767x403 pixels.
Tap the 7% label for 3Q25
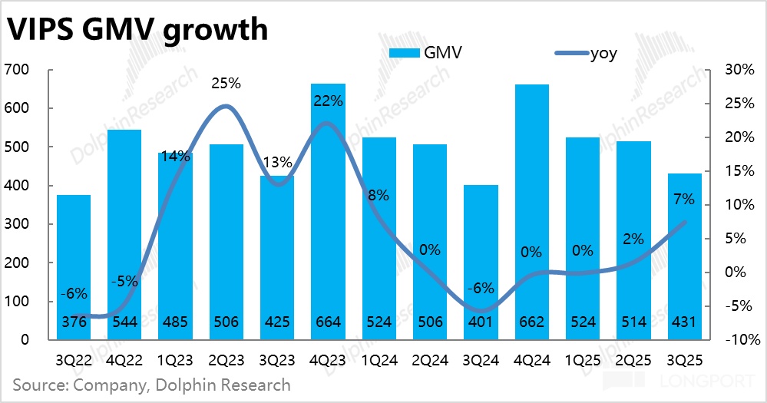tap(683, 200)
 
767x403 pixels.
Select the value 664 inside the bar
tap(328, 322)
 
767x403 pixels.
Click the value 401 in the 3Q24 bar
tap(481, 322)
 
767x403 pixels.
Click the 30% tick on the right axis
tap(740, 70)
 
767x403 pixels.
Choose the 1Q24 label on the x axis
tap(379, 359)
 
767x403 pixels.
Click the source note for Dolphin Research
tap(152, 384)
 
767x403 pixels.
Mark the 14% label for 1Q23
tap(175, 157)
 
